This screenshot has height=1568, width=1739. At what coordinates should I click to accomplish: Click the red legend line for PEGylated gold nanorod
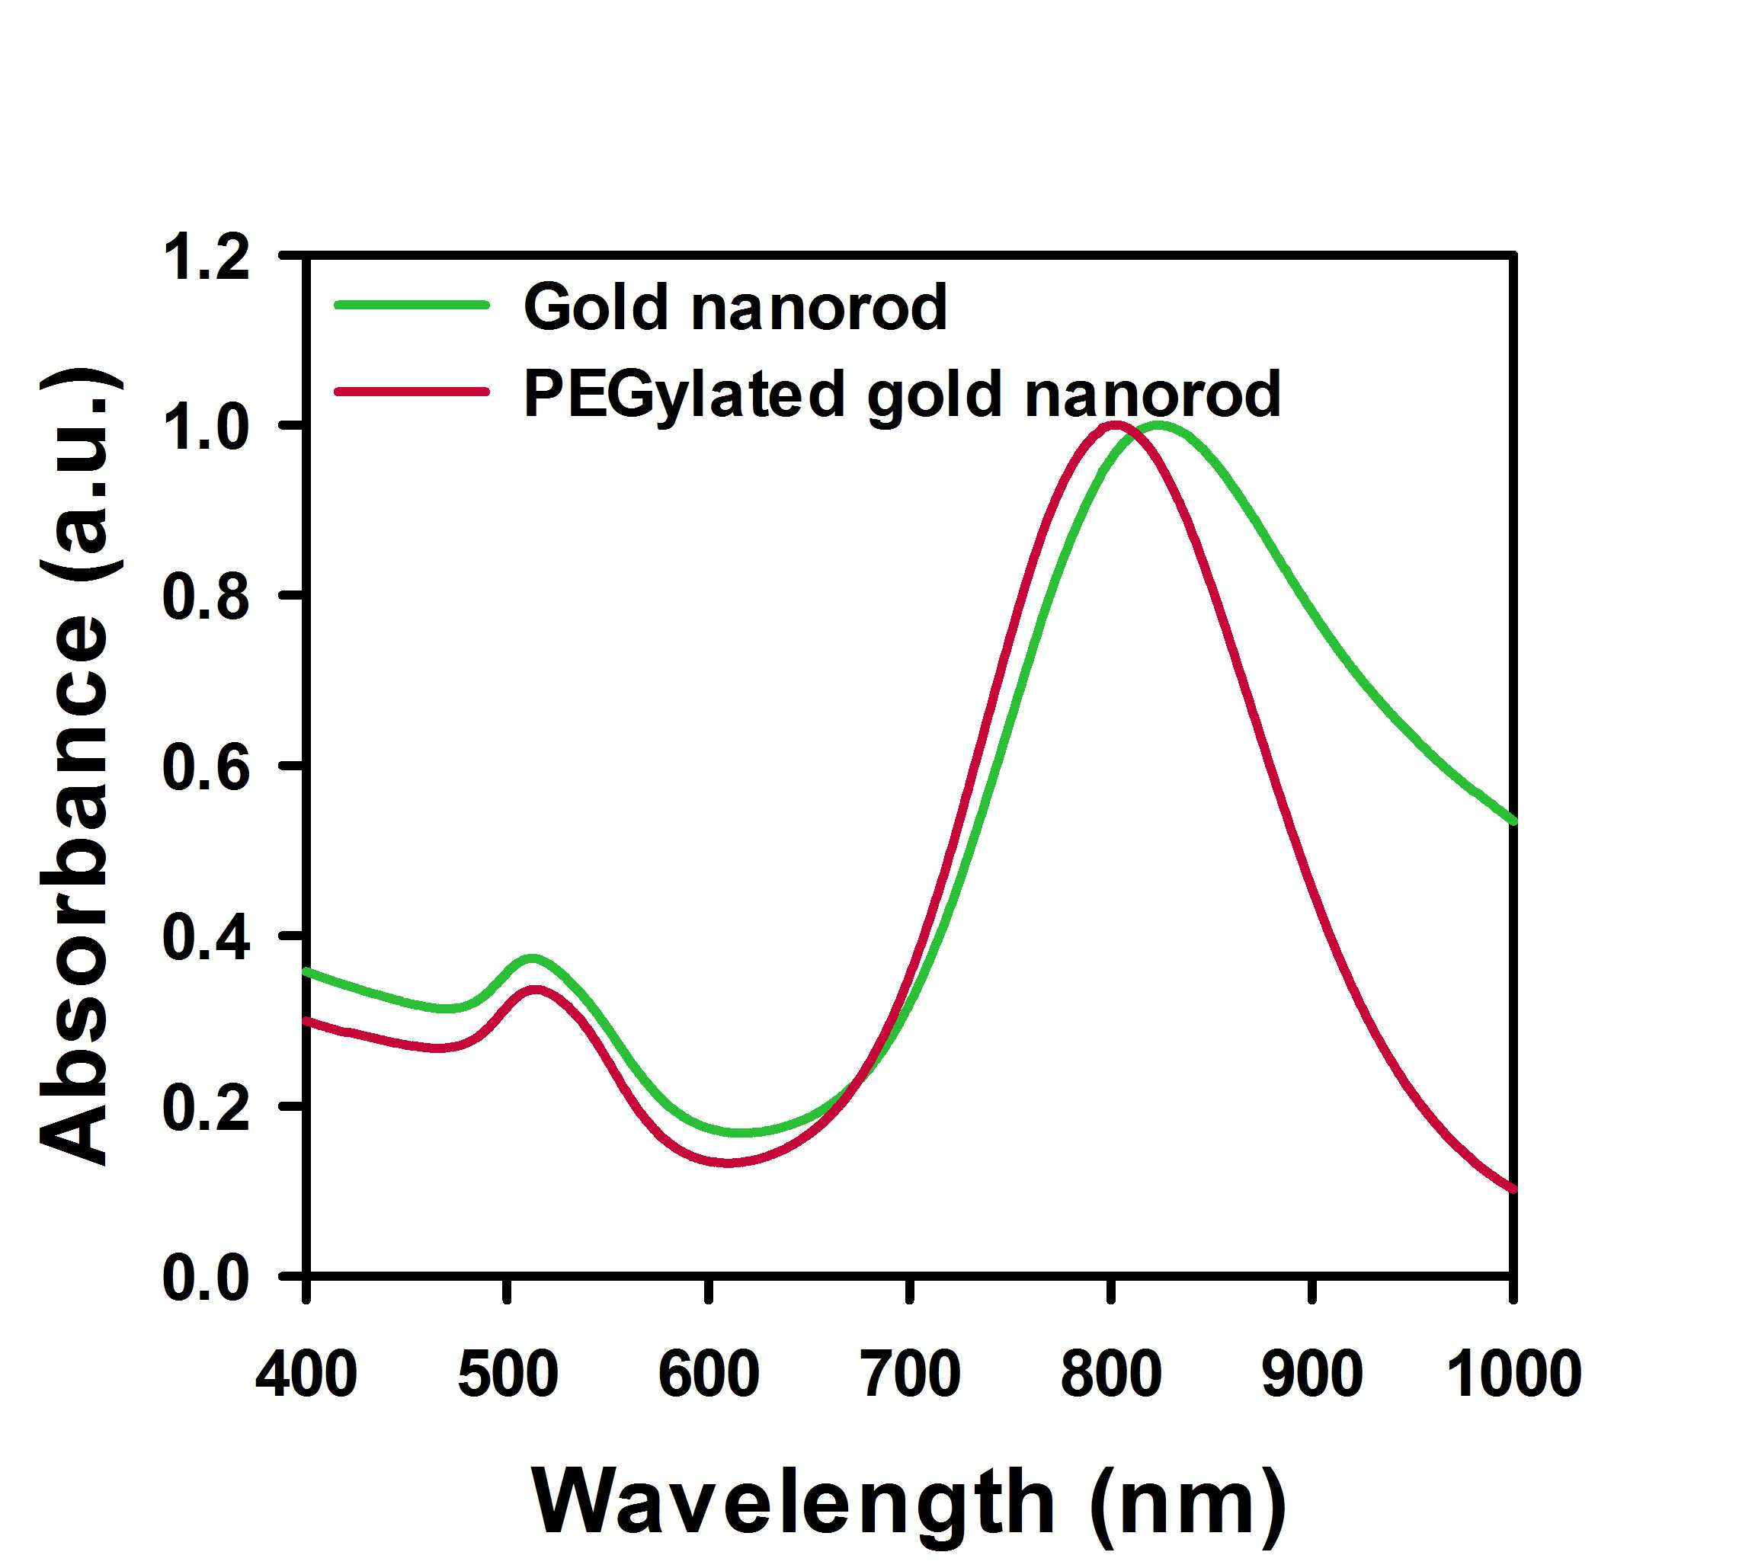click(412, 392)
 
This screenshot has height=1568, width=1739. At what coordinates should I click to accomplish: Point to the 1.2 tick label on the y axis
click(206, 258)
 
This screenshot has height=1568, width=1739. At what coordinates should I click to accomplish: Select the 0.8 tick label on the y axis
click(206, 597)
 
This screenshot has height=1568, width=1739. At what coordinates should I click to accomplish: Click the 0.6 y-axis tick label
click(206, 766)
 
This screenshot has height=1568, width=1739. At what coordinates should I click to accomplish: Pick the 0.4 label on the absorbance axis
click(206, 936)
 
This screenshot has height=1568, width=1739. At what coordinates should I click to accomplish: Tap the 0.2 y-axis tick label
click(206, 1107)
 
